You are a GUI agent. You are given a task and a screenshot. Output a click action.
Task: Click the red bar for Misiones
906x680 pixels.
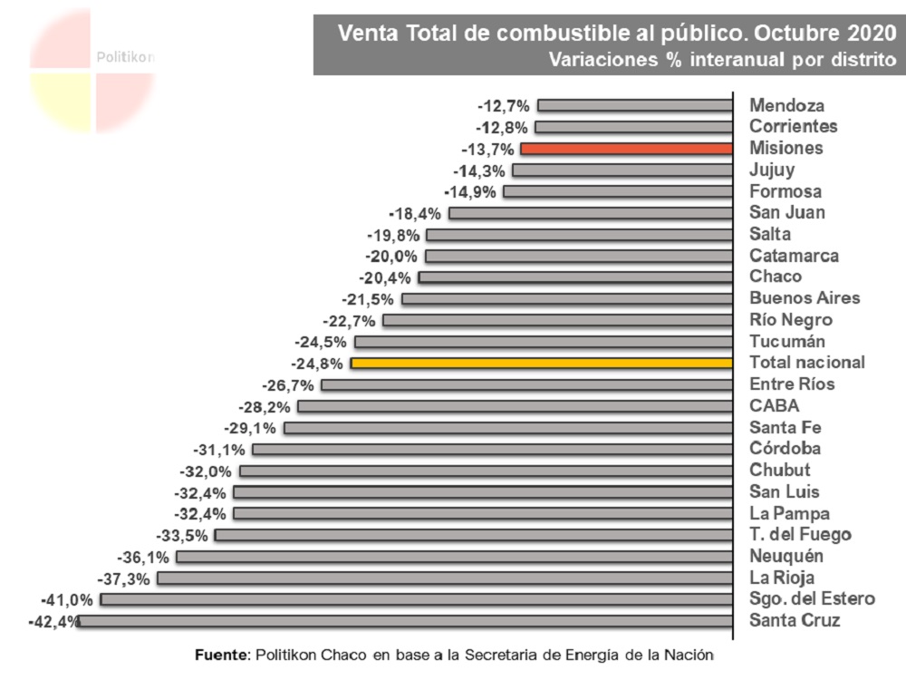[x=626, y=149]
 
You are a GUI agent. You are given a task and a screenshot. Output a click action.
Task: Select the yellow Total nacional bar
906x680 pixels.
[x=542, y=363]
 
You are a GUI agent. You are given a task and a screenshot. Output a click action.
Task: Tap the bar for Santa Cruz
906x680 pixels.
[x=407, y=621]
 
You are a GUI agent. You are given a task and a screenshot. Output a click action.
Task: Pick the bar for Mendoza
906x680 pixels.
[x=635, y=106]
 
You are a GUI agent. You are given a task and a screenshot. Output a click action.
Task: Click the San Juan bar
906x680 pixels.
[x=591, y=213]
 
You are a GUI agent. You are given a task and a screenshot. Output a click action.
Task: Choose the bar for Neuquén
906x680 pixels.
[x=455, y=557]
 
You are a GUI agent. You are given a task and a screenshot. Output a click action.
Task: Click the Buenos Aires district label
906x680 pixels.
[x=805, y=298]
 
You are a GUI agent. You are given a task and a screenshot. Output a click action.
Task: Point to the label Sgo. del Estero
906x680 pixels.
[x=812, y=599]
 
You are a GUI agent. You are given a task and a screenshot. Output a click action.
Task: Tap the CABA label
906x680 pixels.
[x=774, y=406]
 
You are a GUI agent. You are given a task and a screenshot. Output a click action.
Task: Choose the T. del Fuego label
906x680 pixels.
[x=800, y=535]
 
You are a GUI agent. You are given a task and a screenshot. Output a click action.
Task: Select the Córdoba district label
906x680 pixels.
[x=785, y=449]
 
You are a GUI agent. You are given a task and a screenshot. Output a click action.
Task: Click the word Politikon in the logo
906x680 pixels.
[x=125, y=57]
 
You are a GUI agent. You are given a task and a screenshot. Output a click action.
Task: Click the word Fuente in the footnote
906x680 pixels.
[x=221, y=655]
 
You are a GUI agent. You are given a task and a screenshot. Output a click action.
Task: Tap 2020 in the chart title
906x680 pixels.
[x=867, y=34]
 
